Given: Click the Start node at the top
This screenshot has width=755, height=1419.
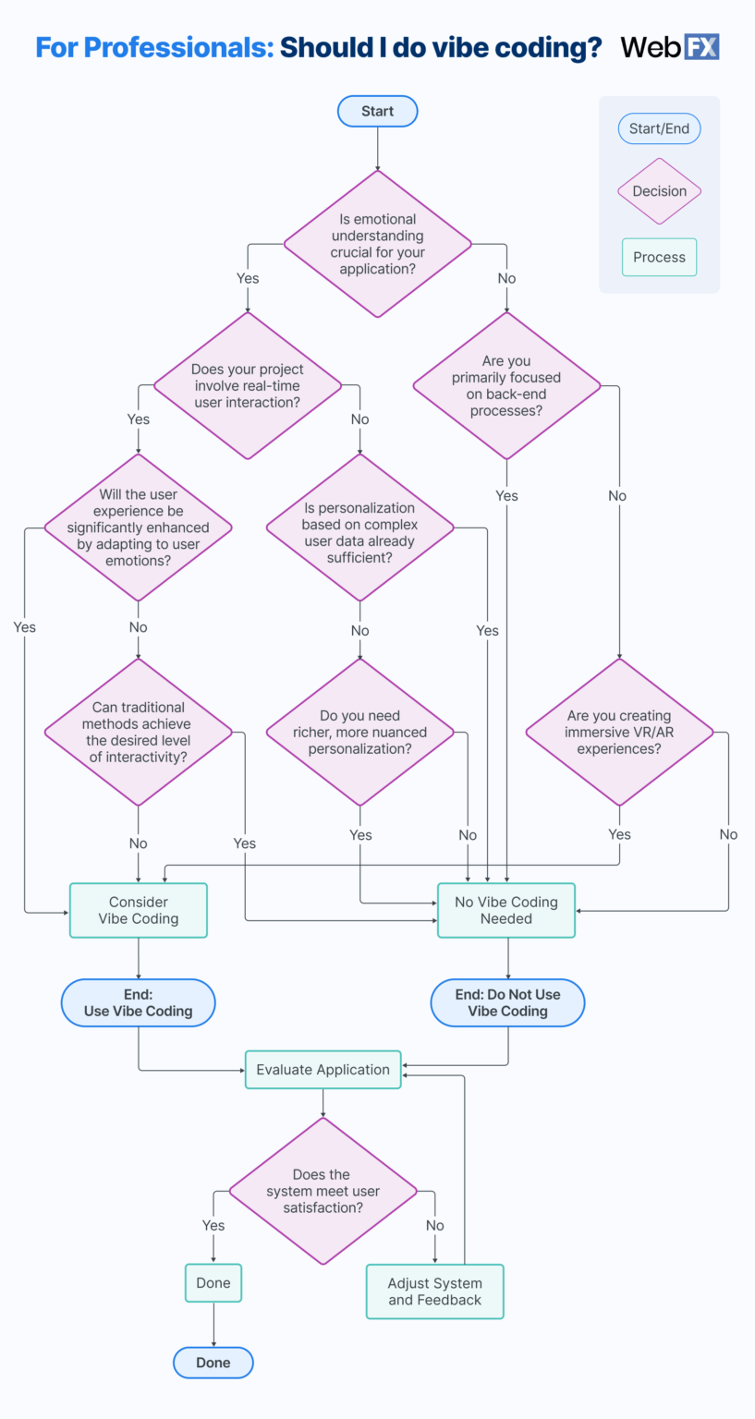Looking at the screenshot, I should point(377,111).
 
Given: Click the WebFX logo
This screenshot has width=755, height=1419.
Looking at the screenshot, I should point(670,47).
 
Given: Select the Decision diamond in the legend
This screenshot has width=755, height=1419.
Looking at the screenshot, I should point(659,191).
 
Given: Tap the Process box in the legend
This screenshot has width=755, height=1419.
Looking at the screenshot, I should point(659,258).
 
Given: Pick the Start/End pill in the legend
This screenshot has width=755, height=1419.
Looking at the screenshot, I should point(659,128).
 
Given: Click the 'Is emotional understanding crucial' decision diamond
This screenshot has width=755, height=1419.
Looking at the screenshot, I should point(377,244).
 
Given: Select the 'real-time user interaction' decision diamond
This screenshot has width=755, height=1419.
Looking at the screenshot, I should point(247,385).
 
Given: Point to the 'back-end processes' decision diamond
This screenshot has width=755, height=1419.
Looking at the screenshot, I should point(506,385).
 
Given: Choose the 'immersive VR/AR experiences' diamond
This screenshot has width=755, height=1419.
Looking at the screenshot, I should point(619,732).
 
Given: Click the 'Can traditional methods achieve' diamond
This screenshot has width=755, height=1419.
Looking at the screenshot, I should point(138,732).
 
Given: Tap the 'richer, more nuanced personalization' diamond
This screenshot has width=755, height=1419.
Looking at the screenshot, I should point(359,732).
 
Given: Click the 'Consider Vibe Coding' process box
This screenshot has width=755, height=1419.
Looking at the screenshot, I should point(138,910).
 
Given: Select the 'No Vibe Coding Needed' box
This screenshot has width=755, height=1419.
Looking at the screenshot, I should point(505,910).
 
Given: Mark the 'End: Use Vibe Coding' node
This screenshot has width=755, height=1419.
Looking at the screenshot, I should point(138,1002).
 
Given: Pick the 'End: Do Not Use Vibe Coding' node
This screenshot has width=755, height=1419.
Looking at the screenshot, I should point(507,1002).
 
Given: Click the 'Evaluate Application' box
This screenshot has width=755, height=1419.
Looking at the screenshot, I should point(323,1070).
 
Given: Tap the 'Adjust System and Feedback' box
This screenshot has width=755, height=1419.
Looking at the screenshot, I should point(434,1292).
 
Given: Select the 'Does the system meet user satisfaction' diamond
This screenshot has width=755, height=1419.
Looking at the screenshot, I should point(322,1191).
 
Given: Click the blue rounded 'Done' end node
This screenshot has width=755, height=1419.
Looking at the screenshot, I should point(213,1363).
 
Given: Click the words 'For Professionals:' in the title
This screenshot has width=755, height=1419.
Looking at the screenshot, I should point(154,47).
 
